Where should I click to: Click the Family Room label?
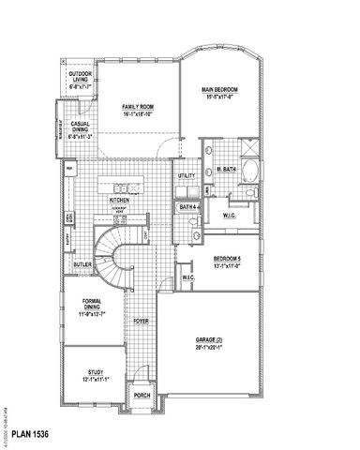pos(138,107)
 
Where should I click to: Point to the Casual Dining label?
pos(78,131)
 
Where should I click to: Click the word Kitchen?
pos(118,200)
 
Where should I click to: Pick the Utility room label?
pos(186,175)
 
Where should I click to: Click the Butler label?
pos(81,265)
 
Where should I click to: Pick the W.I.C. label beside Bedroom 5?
pos(187,277)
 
